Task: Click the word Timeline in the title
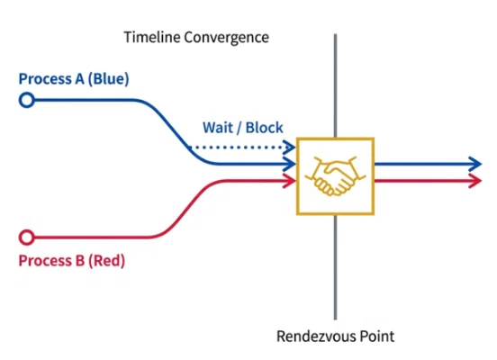[x=152, y=37]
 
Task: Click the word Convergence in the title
[x=227, y=38]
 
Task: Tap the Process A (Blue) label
[x=74, y=78]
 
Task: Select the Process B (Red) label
[x=72, y=260]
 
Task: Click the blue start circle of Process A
[x=27, y=100]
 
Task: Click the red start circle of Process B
[x=27, y=238]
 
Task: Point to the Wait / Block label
[x=243, y=128]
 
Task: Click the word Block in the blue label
[x=265, y=128]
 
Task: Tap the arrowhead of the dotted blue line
[x=289, y=147]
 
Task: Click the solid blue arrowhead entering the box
[x=289, y=164]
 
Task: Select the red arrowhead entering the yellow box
[x=289, y=181]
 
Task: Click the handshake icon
[x=335, y=176]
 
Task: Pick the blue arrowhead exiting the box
[x=475, y=164]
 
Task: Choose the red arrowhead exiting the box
[x=475, y=181]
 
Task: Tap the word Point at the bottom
[x=377, y=336]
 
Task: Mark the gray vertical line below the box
[x=335, y=267]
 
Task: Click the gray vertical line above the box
[x=335, y=85]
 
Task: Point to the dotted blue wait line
[x=241, y=147]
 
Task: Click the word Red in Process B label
[x=106, y=260]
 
